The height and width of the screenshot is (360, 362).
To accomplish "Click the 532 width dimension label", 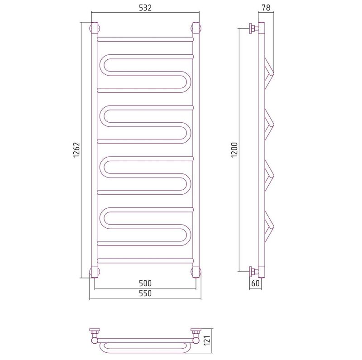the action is (145, 8).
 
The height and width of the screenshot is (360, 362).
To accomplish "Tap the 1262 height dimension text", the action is (76, 150).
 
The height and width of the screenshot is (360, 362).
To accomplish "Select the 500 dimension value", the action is (145, 283).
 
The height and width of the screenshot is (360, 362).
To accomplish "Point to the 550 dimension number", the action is (145, 293).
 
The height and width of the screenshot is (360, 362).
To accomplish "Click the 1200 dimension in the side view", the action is (234, 150).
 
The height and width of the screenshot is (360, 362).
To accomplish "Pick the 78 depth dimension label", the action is (266, 8).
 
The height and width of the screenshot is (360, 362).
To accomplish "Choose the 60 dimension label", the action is (255, 283).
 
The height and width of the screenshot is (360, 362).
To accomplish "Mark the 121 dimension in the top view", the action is (207, 341).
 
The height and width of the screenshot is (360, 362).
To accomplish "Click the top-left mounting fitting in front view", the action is (95, 28).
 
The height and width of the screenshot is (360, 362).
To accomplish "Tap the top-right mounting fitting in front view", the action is (196, 28).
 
